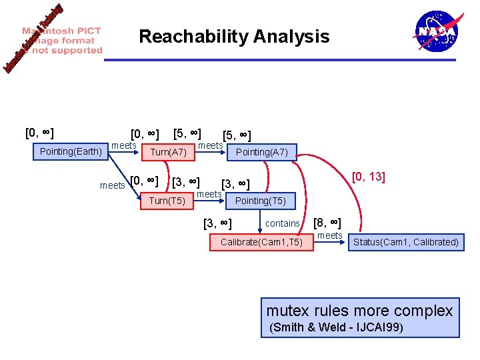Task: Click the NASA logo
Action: pos(437,31)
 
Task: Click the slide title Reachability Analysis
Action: pos(234,36)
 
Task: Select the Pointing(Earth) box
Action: pos(71,151)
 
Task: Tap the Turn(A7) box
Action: pos(169,152)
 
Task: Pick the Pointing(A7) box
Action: pos(262,152)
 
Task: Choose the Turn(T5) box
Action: pos(167,201)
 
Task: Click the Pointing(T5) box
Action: pos(261,201)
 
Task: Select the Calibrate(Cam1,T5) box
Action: pos(261,242)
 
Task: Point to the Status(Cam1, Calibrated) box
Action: pos(406,242)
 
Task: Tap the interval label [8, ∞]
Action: pos(327,223)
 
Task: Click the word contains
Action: pos(283,223)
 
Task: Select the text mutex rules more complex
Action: pos(359,310)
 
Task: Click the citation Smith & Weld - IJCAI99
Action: pos(335,327)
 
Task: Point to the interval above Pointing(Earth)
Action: pos(39,133)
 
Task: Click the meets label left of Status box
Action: pos(330,235)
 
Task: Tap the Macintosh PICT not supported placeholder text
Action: pos(63,41)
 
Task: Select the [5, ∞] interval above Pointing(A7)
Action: pos(237,136)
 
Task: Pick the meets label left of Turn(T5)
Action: pos(112,185)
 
